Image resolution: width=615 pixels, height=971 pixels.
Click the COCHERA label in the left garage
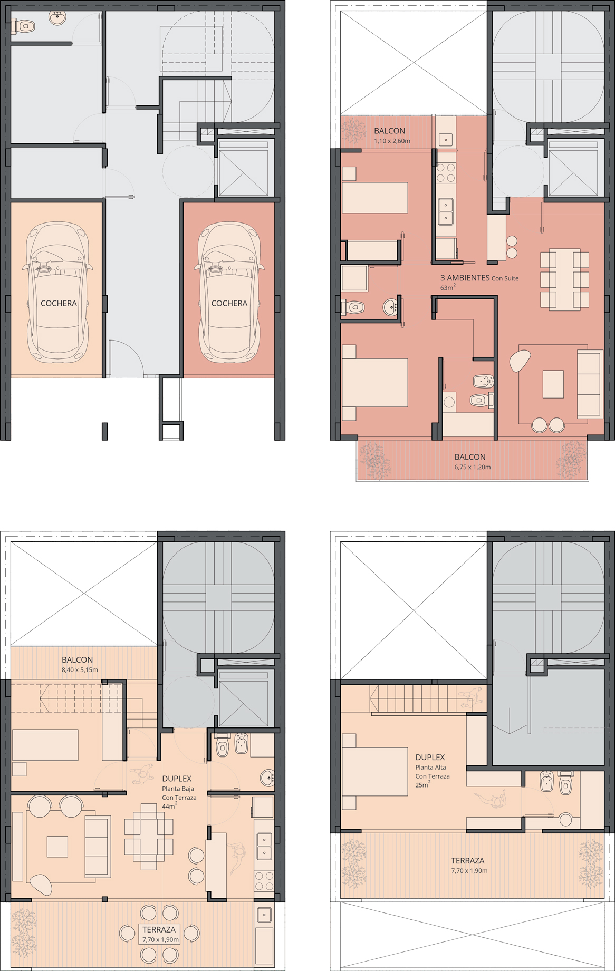point(59,303)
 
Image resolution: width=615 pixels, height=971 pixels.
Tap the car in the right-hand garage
point(229,292)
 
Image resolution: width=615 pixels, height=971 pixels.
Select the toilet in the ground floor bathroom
point(23,25)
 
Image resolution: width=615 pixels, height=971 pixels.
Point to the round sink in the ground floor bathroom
point(57,18)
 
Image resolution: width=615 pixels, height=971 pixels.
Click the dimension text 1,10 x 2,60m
point(392,141)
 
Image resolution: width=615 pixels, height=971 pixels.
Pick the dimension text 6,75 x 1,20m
point(473,467)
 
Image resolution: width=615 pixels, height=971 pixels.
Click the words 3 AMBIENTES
point(465,278)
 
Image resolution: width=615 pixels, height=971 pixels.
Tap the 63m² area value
point(448,287)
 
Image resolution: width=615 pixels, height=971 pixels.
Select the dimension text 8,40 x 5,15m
point(80,670)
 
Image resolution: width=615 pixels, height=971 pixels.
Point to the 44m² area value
point(169,806)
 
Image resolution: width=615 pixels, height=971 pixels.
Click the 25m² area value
point(422,784)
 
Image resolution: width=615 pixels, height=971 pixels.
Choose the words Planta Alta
point(430,768)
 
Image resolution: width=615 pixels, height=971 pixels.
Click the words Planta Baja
point(178,789)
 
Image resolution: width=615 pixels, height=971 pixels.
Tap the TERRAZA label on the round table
point(159,929)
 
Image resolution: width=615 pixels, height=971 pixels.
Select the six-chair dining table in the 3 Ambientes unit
point(564,279)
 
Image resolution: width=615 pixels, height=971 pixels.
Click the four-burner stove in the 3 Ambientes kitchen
point(446,172)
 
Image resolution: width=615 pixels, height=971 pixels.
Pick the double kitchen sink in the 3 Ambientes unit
point(446,210)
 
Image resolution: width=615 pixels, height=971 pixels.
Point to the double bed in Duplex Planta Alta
point(375,771)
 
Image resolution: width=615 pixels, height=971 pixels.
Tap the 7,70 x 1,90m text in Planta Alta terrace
point(469,871)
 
